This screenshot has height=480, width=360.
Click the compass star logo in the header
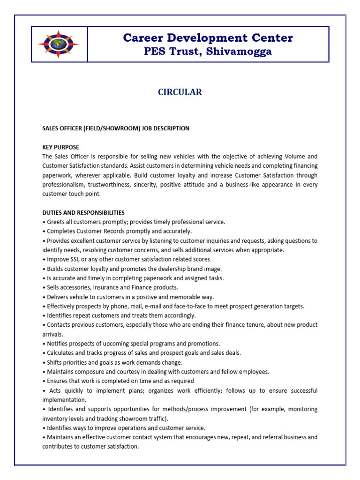coord(59,44)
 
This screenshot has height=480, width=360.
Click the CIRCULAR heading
coord(180,92)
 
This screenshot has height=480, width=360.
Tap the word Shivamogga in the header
coord(238,52)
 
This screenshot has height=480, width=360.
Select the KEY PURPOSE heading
coord(60,147)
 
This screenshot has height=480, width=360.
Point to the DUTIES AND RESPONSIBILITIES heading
coord(83,212)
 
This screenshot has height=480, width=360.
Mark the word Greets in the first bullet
coord(56,222)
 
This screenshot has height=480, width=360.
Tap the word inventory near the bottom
coord(55,419)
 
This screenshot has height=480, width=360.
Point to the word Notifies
coord(58,344)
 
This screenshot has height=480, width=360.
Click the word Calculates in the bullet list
coord(61,353)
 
